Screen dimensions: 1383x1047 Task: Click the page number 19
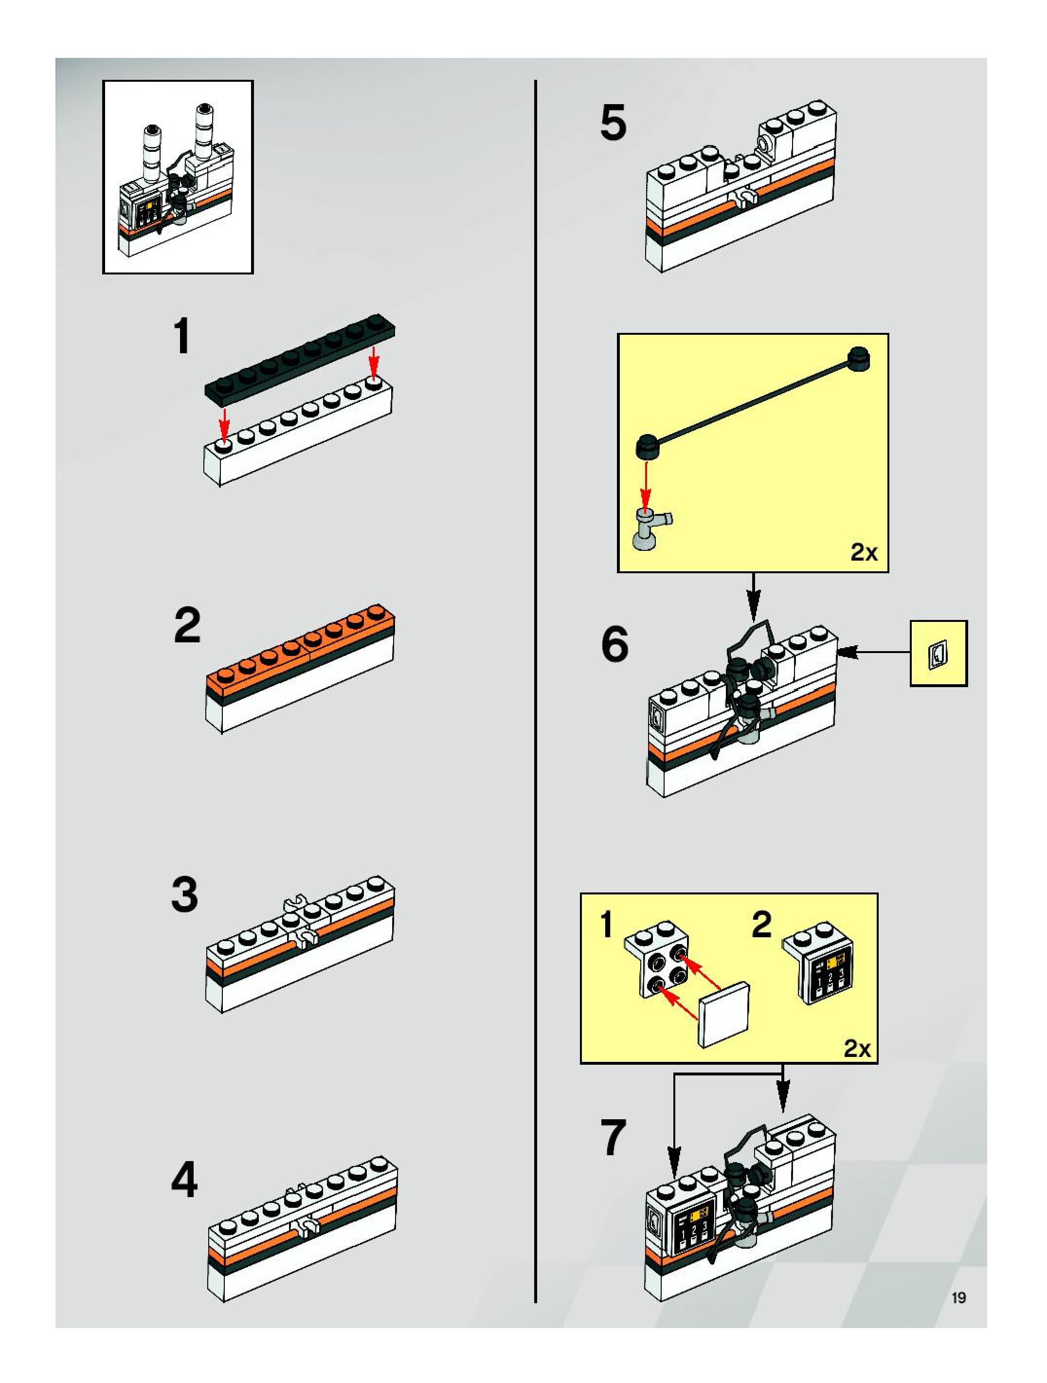coord(958,1298)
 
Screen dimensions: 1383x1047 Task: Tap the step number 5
coord(613,123)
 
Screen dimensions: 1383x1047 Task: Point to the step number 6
coord(614,645)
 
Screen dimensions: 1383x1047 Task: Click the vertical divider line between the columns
coord(536,688)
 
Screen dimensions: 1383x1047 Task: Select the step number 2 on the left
coord(187,625)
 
